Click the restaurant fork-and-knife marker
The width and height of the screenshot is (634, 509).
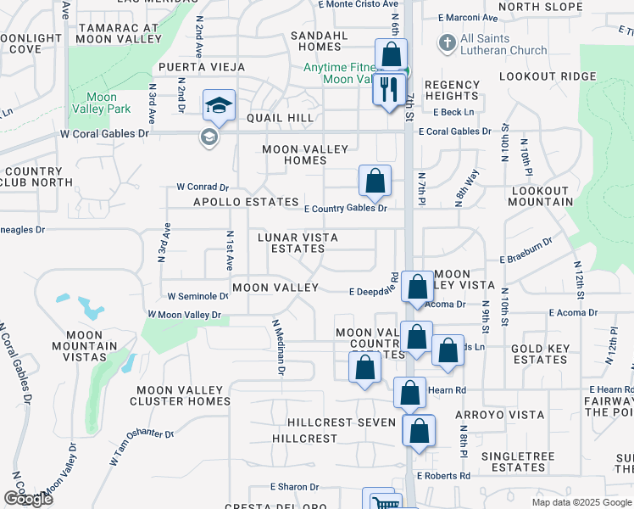pos(390,89)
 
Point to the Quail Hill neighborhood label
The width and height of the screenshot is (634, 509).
pos(280,118)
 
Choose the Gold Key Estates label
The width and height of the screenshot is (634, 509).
pos(540,355)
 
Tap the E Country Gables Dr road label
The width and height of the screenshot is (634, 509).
pos(345,208)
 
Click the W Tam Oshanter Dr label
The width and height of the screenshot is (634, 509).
pos(142,445)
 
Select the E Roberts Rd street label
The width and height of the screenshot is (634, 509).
pos(442,476)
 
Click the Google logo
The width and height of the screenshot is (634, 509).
pos(28,499)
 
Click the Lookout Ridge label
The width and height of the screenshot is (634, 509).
pos(548,76)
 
